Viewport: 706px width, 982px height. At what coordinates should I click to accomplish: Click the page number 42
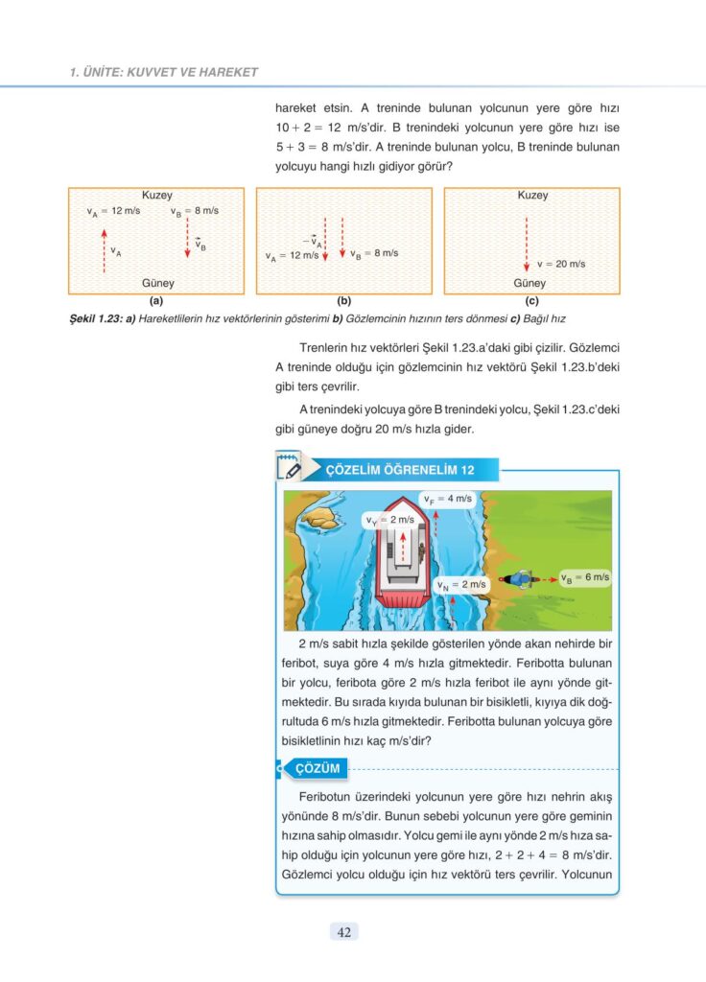[x=343, y=932]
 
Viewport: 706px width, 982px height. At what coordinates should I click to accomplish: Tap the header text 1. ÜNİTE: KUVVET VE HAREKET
[x=164, y=72]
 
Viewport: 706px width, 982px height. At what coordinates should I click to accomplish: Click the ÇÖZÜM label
[x=318, y=768]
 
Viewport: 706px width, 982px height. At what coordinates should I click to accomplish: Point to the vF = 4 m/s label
[x=449, y=499]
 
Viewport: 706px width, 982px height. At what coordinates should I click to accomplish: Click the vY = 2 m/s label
[x=389, y=519]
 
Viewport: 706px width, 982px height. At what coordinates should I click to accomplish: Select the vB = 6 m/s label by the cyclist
[x=585, y=577]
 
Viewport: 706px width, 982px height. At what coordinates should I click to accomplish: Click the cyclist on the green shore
[x=521, y=579]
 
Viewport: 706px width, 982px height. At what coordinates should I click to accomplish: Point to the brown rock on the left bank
[x=319, y=518]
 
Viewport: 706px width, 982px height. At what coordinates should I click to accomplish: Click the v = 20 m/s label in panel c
[x=561, y=264]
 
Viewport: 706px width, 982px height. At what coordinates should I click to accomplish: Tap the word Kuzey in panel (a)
[x=157, y=196]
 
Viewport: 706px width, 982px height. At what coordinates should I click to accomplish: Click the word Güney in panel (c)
[x=529, y=284]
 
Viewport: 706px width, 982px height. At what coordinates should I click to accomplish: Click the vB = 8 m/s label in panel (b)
[x=373, y=254]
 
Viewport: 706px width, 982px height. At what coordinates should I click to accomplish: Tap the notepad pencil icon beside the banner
[x=289, y=468]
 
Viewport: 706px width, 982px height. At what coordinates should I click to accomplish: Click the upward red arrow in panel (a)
[x=104, y=251]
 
